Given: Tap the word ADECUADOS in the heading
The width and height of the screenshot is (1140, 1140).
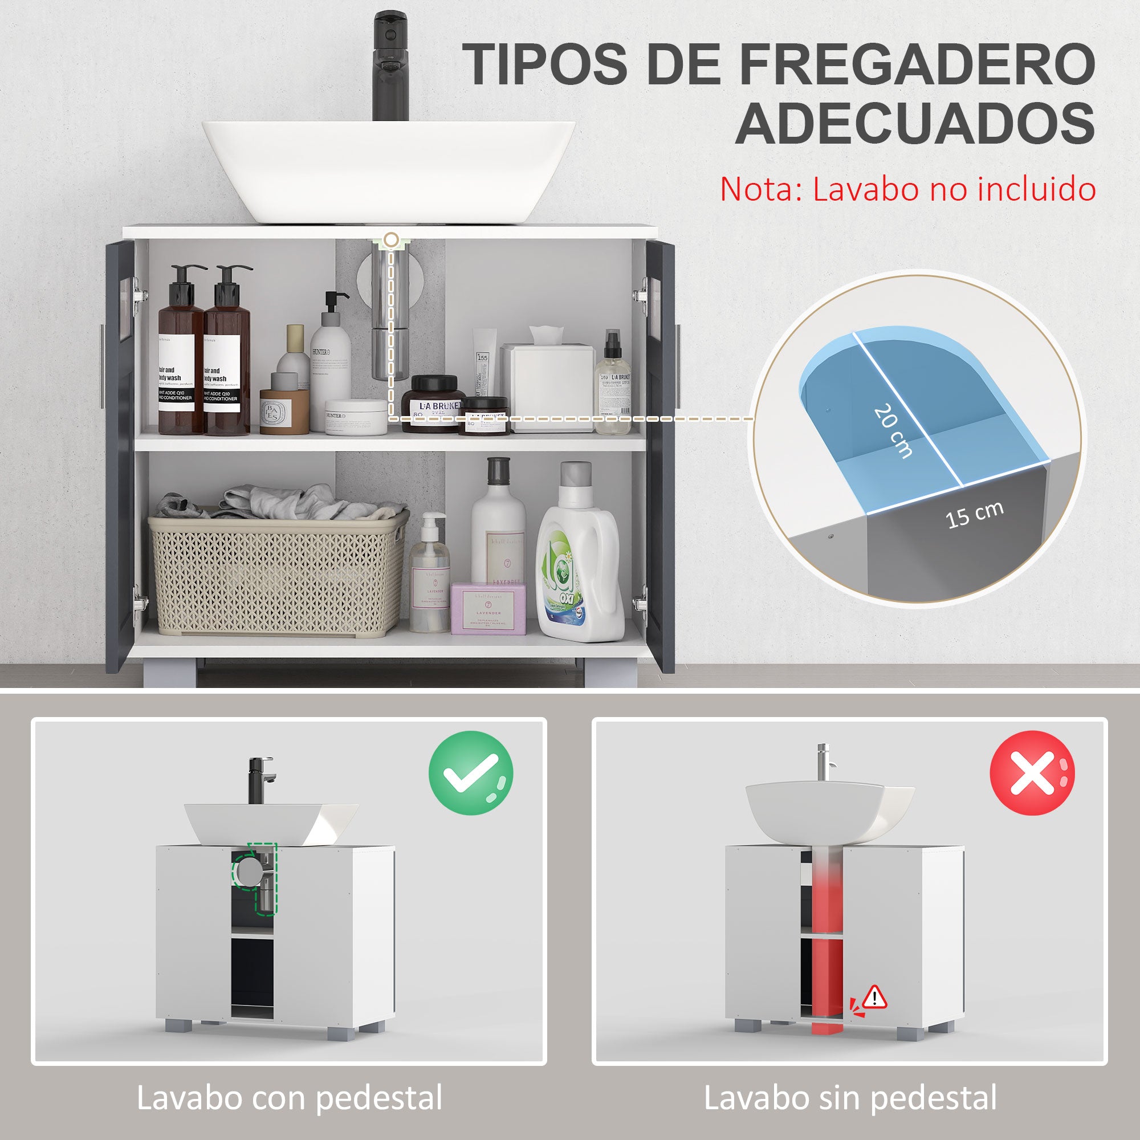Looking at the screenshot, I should [915, 123].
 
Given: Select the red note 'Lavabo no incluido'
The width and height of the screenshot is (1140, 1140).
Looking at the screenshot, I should [908, 189].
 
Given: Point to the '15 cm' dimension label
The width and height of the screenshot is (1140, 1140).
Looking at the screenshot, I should [974, 515].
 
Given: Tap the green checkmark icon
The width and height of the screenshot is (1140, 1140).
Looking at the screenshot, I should [470, 773].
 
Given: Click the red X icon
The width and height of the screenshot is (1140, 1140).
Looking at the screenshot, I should [1032, 773].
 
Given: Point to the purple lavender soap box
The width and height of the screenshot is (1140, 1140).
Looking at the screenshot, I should [488, 608].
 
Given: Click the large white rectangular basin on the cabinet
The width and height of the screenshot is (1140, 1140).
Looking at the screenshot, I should [389, 171].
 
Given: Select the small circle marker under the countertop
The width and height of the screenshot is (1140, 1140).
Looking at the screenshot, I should [390, 239].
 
